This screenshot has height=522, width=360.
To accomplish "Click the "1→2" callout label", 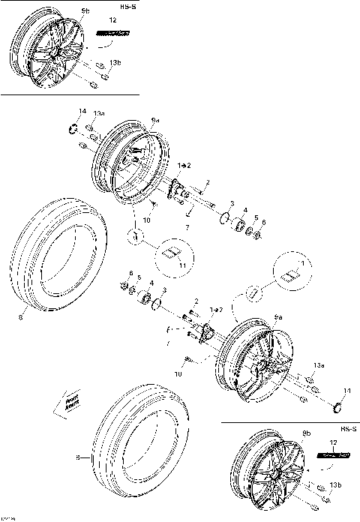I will coord(184,164).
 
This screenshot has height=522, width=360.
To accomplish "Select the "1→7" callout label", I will coord(216,309).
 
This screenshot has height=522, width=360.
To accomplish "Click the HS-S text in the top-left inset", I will coord(127,7).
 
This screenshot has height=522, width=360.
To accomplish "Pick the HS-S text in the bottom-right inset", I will coord(346,428).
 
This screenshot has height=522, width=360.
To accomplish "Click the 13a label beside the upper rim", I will coord(98,113).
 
